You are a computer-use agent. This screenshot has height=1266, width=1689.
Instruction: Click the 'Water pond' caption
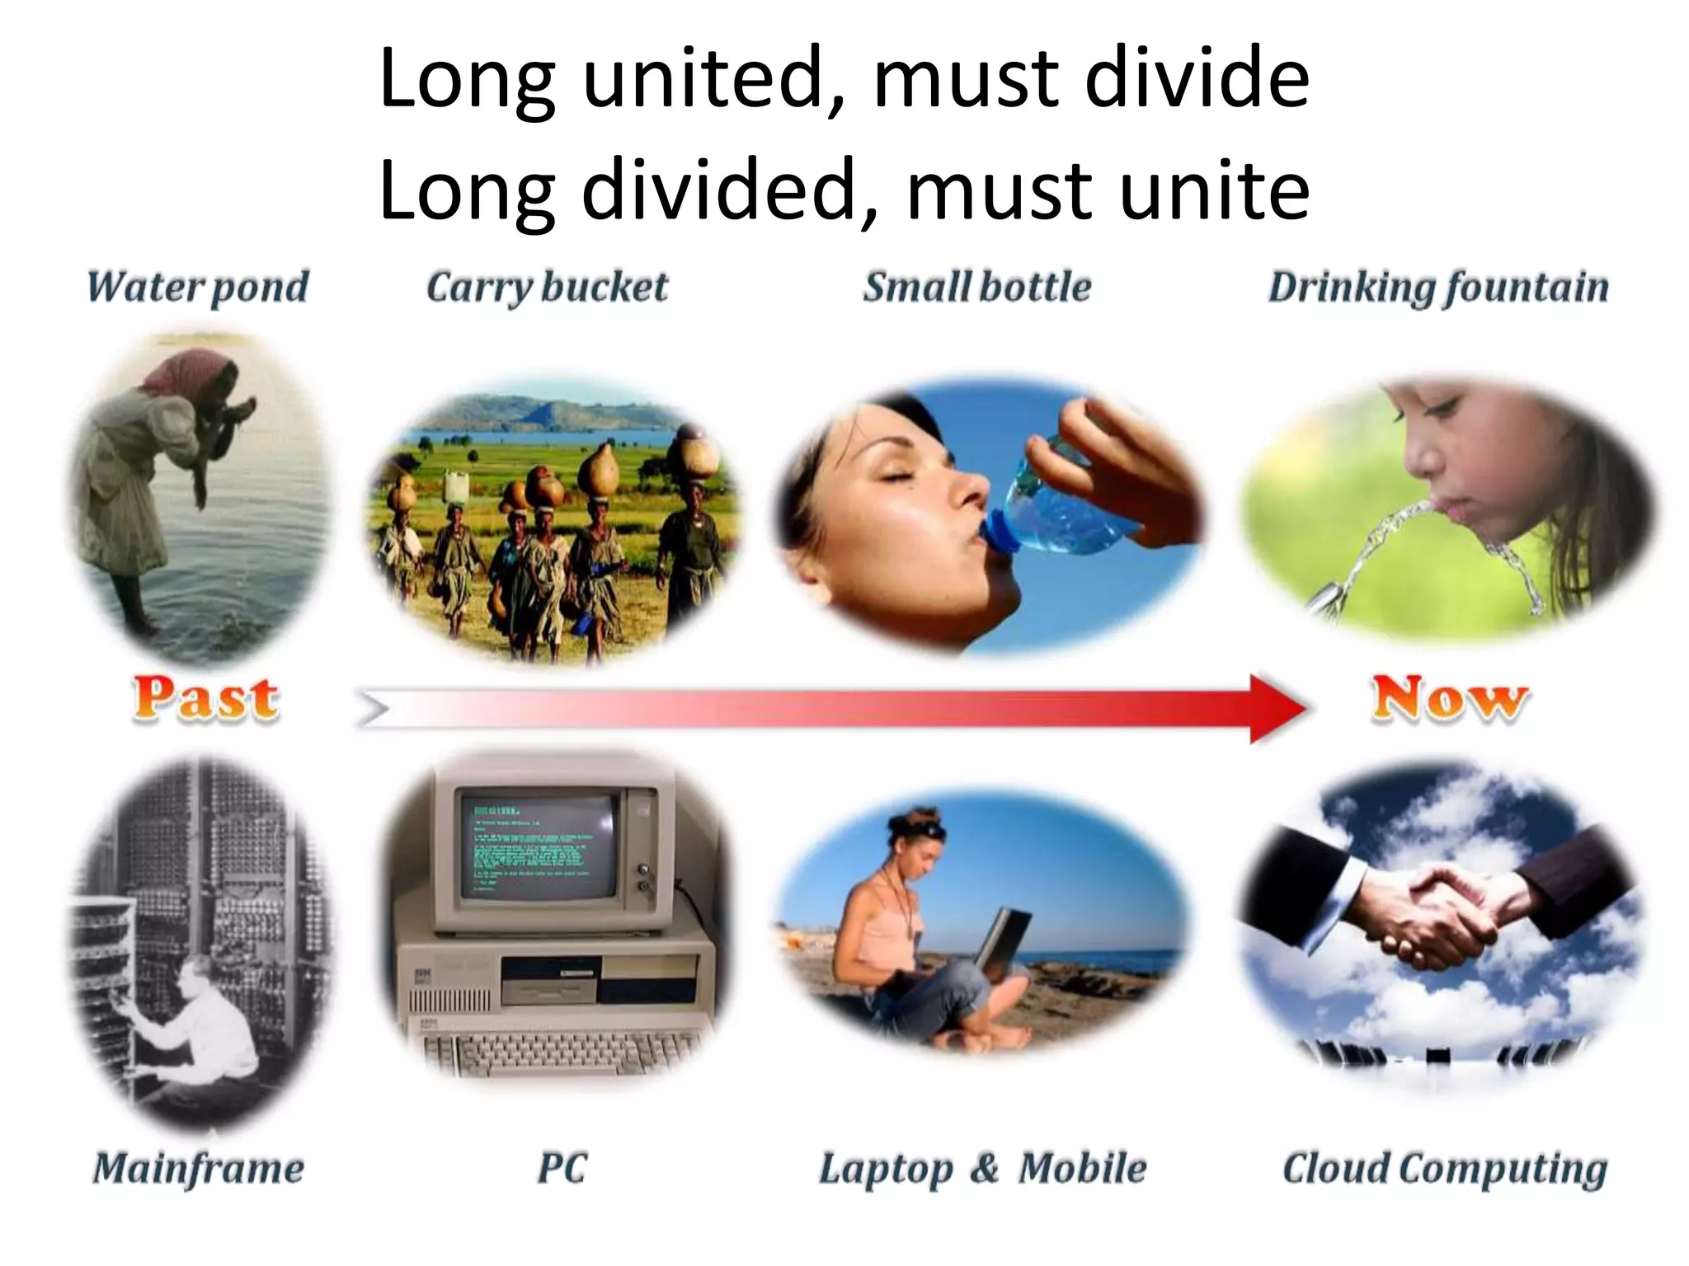(197, 287)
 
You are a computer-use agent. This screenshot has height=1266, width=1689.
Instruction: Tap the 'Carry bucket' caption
(547, 287)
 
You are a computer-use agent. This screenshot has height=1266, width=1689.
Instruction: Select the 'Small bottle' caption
(977, 287)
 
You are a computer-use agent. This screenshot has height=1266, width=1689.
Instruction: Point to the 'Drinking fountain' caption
(1438, 287)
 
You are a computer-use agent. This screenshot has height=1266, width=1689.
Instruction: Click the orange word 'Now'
(1450, 699)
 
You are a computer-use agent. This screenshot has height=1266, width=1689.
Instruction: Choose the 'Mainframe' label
(198, 1168)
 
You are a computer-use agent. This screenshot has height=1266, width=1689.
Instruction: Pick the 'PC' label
(562, 1168)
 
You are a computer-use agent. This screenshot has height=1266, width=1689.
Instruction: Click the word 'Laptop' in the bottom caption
(886, 1168)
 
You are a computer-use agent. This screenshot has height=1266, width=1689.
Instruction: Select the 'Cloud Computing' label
(1445, 1168)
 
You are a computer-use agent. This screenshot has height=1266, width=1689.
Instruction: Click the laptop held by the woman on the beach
(1002, 940)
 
